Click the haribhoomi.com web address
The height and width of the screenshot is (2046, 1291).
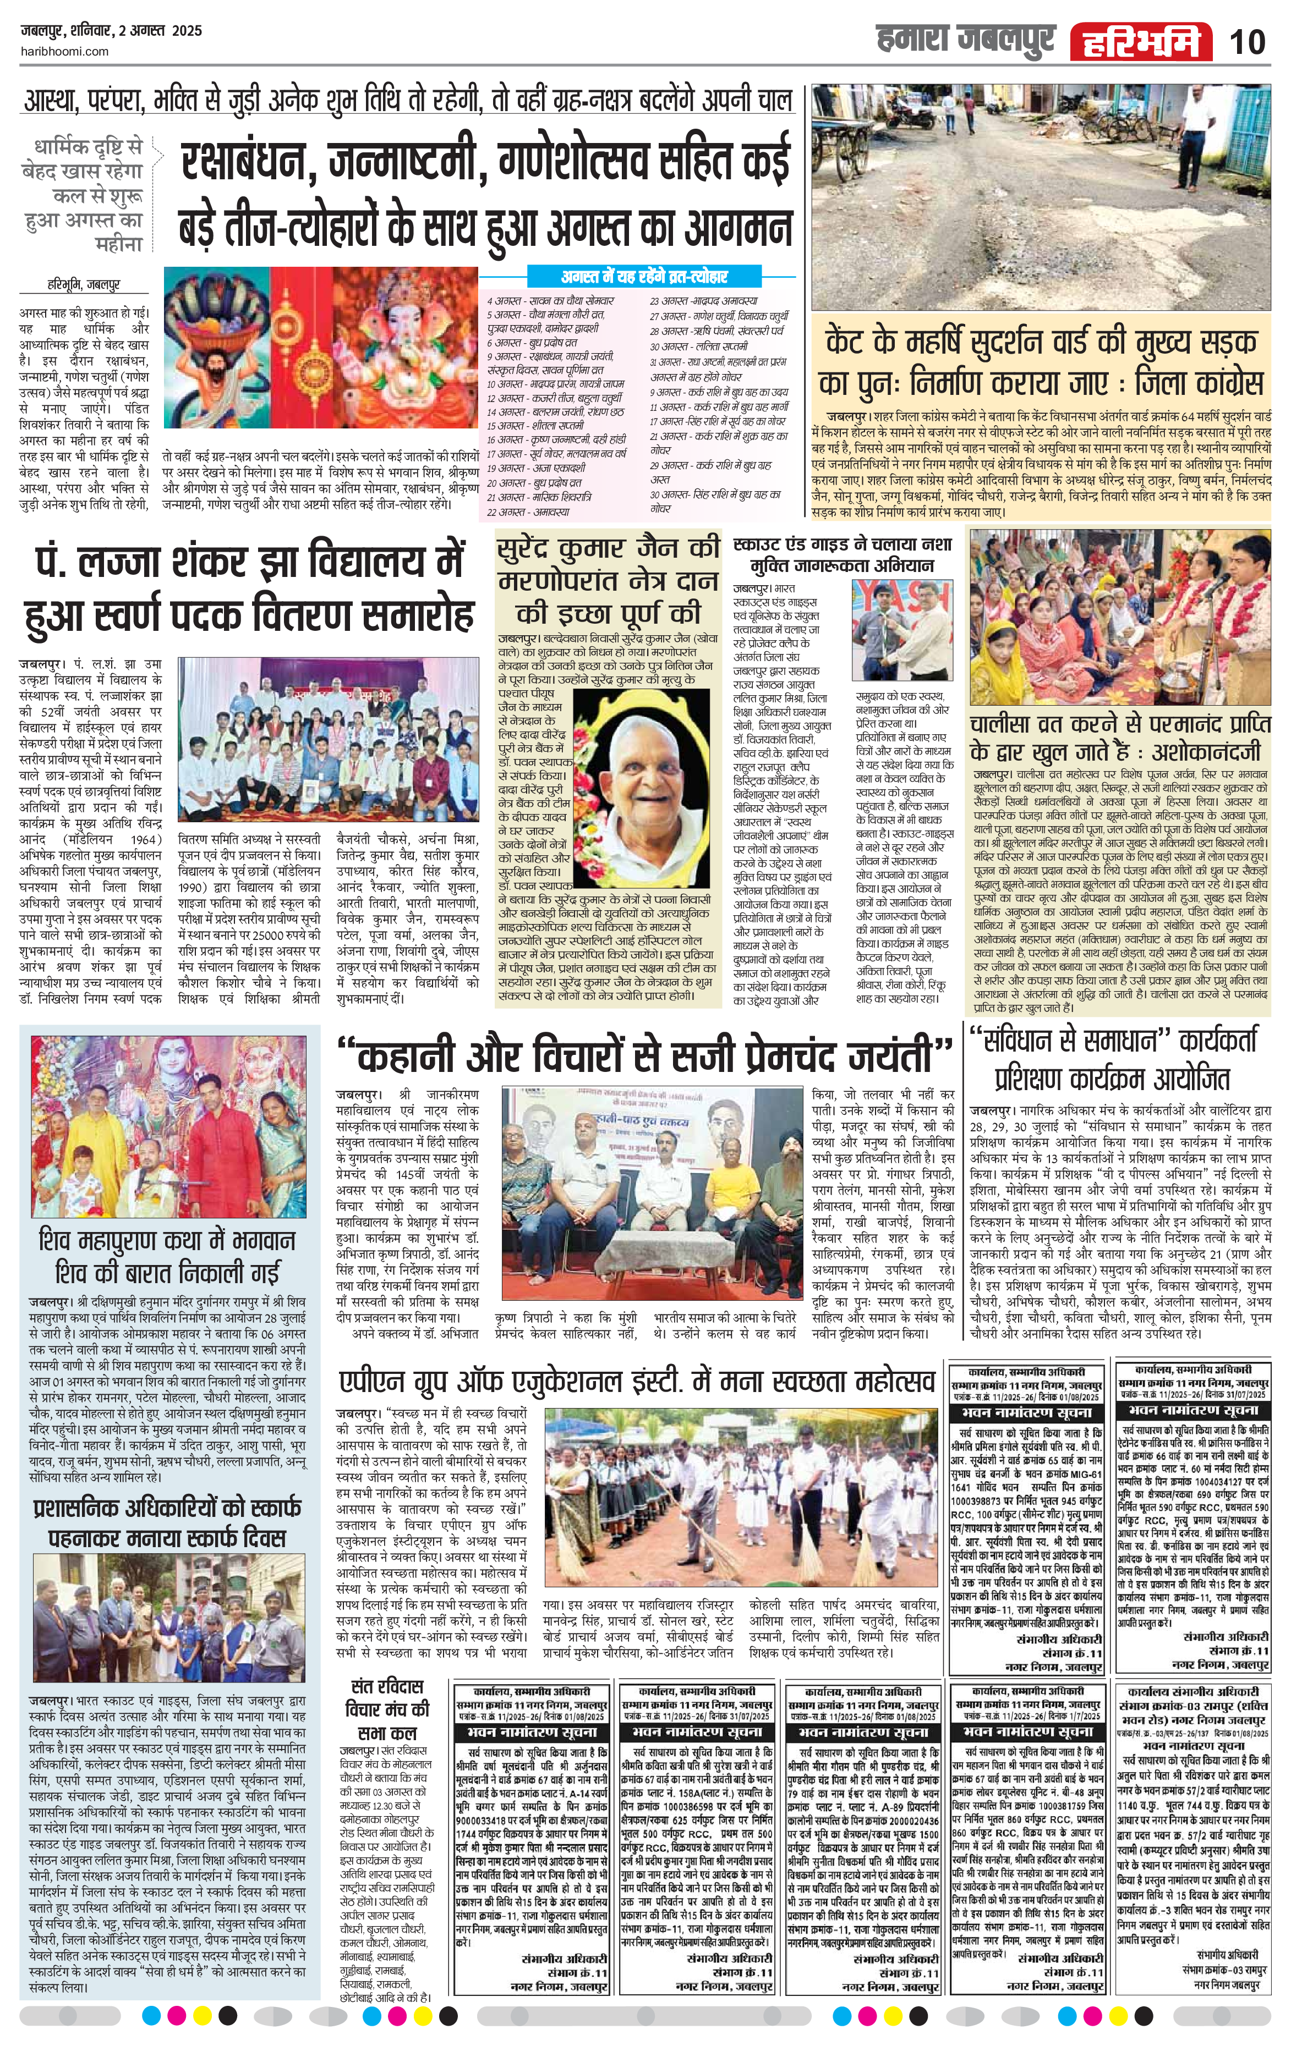click(x=64, y=51)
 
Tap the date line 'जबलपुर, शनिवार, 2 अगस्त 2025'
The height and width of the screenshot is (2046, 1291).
click(x=111, y=31)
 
